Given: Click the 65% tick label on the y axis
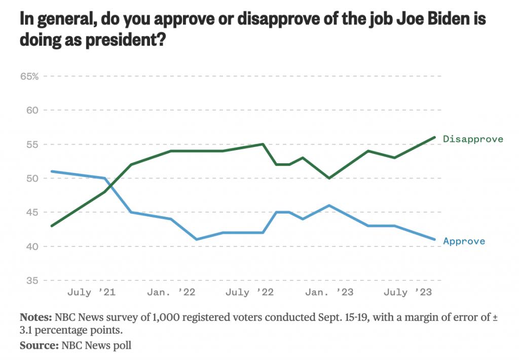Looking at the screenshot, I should (29, 76).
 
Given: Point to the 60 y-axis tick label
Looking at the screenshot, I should (31, 110).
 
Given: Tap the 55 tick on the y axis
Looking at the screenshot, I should (31, 145).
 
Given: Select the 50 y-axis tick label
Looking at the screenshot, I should (31, 178).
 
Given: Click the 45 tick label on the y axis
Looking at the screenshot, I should (31, 212).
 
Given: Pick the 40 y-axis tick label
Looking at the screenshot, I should (31, 246).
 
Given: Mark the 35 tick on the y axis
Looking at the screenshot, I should (31, 280).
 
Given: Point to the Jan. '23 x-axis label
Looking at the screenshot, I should (330, 293).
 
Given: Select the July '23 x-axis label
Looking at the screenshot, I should (407, 293).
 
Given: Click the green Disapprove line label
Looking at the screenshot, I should (472, 139).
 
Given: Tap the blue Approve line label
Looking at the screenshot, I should (464, 241).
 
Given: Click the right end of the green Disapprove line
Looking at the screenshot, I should (434, 137).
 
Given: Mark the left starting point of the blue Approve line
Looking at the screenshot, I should (52, 171).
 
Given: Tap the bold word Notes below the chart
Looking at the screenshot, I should (35, 318).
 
